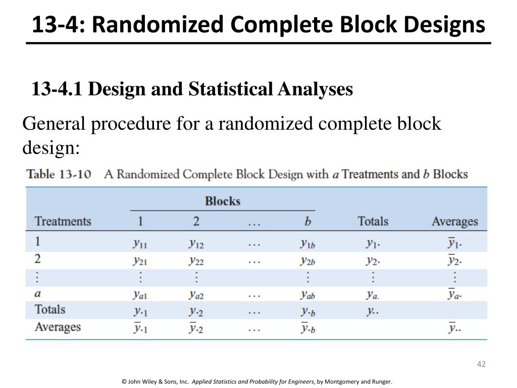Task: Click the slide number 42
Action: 481,365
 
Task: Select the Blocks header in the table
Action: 222,201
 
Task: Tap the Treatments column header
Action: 63,221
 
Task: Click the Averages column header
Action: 454,221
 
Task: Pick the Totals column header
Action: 373,221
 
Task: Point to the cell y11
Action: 140,244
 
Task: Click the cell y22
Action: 196,261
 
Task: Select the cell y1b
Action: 307,244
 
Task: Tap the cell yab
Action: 307,294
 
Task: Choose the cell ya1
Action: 140,294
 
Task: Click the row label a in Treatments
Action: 38,293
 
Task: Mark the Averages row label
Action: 58,327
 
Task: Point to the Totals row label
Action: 50,309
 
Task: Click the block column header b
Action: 307,221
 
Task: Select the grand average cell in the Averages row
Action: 454,328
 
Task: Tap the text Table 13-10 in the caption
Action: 59,175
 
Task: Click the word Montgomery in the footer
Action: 346,381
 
